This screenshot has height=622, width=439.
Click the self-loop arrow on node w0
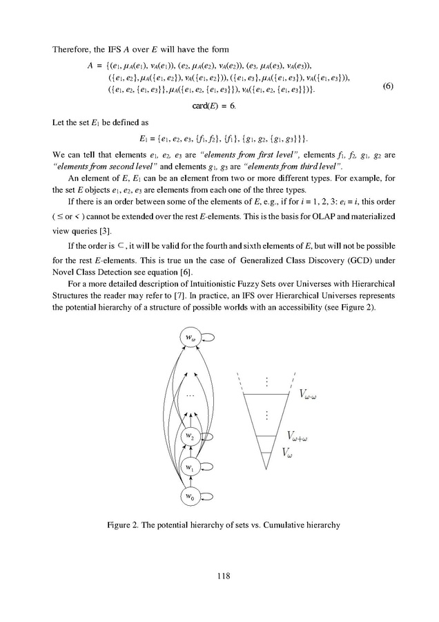[x=206, y=496]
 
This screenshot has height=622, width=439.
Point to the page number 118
[x=219, y=575]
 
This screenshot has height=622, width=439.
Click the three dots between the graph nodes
[x=191, y=396]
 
